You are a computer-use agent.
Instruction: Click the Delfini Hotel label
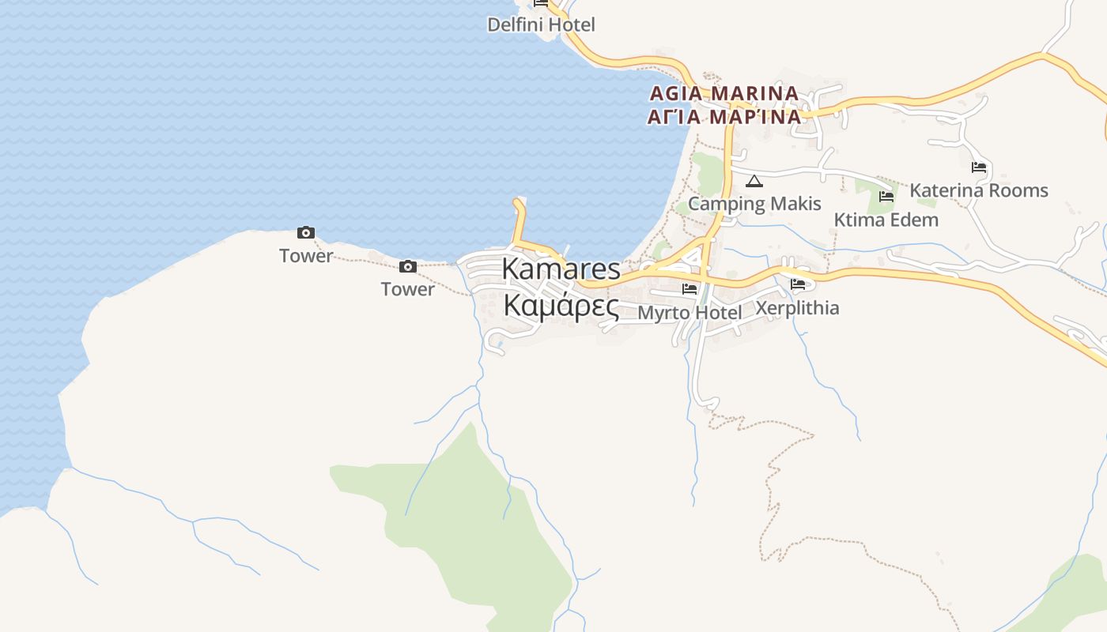point(541,24)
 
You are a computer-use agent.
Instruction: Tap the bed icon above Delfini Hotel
point(541,3)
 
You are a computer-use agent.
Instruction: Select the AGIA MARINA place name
point(724,93)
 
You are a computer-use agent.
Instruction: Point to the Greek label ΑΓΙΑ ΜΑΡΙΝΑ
point(724,117)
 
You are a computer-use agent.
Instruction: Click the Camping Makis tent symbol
point(754,182)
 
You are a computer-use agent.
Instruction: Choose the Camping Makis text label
point(754,204)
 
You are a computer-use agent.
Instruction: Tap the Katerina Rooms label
point(978,190)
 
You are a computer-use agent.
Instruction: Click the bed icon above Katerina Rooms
point(979,167)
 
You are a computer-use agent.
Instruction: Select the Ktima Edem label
point(886,220)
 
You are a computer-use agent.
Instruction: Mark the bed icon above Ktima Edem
point(886,197)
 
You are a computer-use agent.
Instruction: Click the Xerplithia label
point(797,307)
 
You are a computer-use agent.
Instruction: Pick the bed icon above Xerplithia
point(797,284)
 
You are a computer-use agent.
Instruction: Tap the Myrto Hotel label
point(690,313)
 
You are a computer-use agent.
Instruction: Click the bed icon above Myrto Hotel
point(690,289)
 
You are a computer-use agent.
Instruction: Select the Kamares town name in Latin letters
point(561,269)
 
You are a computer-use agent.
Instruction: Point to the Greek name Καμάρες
point(561,305)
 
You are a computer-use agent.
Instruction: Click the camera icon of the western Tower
point(306,232)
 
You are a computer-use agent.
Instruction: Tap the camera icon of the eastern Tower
point(408,266)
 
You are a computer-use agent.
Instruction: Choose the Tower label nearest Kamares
point(408,289)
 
